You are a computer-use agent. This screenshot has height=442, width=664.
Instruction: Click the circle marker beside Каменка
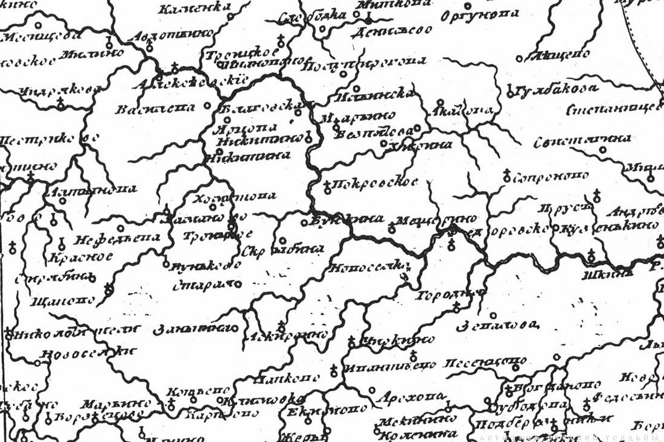231,16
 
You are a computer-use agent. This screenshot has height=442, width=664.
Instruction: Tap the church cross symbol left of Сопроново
507,176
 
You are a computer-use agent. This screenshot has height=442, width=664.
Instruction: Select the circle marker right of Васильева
208,105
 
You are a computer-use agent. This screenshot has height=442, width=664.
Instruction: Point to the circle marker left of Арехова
371,390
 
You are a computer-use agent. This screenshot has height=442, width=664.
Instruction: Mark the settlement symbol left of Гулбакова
510,92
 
